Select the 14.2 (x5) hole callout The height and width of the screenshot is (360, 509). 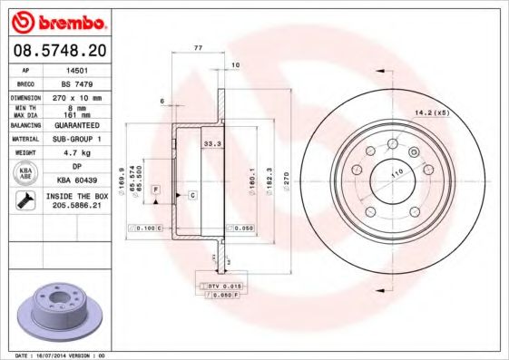pyautogui.click(x=432, y=112)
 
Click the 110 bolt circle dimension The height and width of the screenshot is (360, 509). pyautogui.click(x=396, y=171)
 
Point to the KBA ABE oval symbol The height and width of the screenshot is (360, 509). pyautogui.click(x=25, y=172)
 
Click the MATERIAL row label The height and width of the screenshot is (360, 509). pyautogui.click(x=24, y=139)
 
